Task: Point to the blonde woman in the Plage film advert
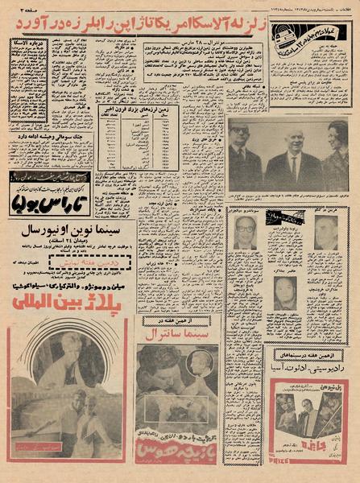[x=56, y=354]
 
